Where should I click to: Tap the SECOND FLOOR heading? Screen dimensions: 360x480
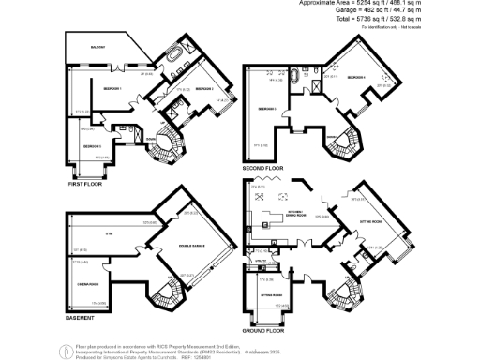263,167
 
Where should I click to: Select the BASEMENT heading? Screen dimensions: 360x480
81,317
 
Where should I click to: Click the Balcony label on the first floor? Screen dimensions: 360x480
97,47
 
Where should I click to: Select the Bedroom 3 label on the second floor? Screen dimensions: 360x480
265,109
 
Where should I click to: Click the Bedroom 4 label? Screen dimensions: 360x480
360,78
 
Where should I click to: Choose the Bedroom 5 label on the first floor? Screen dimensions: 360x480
91,146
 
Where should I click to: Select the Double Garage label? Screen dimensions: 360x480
191,247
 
